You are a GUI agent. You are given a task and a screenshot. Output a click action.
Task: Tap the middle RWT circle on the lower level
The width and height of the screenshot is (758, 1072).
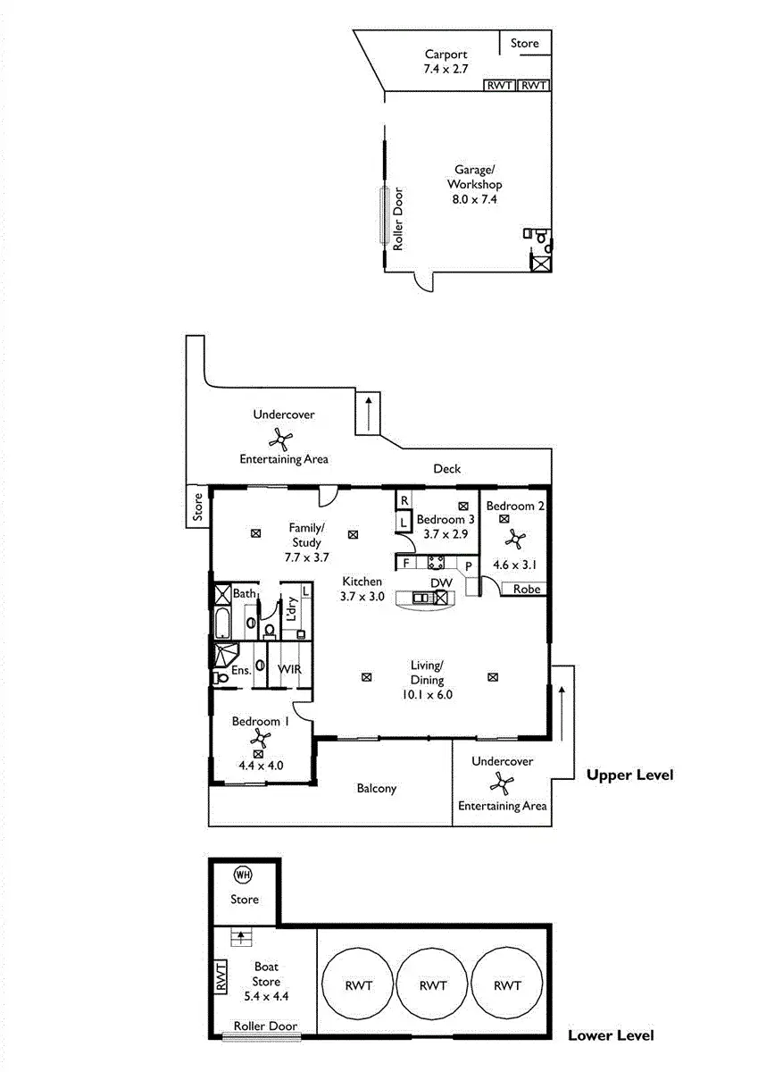[x=432, y=986]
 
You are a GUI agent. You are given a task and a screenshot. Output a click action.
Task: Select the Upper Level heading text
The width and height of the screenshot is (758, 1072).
[x=629, y=775]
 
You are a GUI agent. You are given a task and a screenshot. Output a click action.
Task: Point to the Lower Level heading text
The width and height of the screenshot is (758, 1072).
[x=611, y=1035]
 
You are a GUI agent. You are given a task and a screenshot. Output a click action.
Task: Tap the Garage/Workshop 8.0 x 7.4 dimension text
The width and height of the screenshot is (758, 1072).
[x=473, y=199]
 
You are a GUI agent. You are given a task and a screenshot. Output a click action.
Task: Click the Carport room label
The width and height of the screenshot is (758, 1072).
[x=446, y=54]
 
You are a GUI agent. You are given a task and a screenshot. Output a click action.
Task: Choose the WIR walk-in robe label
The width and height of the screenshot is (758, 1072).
[x=288, y=668]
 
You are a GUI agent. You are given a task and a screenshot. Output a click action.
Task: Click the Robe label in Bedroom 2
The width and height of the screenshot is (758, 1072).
[x=524, y=590]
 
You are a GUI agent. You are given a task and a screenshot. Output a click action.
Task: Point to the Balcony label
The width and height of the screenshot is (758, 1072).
[x=376, y=788]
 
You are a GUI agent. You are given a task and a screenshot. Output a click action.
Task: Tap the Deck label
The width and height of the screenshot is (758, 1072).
[x=446, y=468]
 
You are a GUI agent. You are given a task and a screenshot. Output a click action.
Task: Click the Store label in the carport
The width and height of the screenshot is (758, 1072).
[x=525, y=42]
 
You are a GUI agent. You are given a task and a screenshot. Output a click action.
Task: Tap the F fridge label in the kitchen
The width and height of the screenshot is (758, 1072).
[x=405, y=563]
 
